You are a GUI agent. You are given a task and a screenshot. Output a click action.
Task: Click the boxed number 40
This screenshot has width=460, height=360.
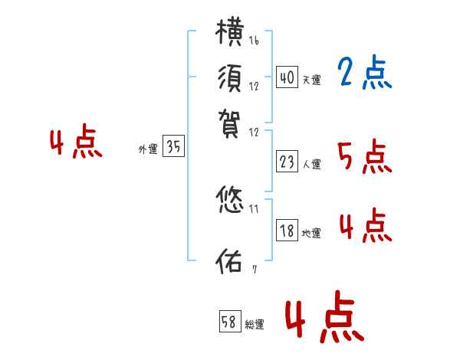(287, 77)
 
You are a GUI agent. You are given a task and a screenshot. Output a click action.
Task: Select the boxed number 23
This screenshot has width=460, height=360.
(287, 161)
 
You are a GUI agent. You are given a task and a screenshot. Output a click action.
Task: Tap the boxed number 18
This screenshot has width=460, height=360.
(287, 231)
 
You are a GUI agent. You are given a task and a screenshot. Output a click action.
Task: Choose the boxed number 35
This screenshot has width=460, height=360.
(173, 148)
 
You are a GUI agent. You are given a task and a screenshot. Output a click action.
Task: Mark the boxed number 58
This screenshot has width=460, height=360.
(229, 322)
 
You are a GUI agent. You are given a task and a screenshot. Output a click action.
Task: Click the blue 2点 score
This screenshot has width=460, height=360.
(364, 74)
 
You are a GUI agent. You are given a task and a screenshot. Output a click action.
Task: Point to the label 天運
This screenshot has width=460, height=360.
(312, 80)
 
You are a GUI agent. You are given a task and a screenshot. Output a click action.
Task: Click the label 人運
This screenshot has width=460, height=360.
(312, 163)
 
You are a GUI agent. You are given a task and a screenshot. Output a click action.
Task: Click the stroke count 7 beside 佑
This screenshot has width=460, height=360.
(254, 268)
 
